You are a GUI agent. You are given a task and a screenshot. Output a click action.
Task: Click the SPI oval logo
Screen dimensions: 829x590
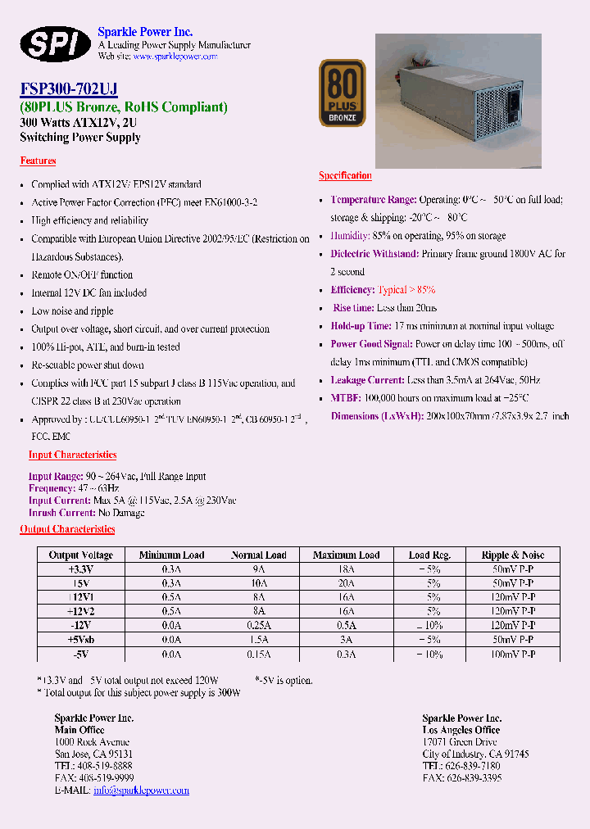(55, 43)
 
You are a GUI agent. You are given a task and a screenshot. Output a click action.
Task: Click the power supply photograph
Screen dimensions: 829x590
(458, 100)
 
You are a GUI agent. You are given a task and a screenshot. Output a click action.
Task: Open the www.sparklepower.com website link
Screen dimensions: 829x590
(175, 57)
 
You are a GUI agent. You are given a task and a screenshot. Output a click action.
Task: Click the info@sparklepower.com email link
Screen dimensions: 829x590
(141, 790)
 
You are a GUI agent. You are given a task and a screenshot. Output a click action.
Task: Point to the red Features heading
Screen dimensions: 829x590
(38, 161)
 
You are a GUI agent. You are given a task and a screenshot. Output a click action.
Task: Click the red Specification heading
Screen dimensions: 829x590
(345, 175)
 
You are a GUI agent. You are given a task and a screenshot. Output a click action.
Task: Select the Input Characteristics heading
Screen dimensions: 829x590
(72, 455)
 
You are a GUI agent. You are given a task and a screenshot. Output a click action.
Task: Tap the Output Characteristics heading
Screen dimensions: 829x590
(67, 529)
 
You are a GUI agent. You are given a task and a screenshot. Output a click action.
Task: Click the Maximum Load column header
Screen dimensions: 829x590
(346, 555)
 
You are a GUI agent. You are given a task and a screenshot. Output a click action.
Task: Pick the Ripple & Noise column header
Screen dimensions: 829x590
(514, 555)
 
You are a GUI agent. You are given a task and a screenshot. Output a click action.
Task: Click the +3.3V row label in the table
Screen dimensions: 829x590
(81, 569)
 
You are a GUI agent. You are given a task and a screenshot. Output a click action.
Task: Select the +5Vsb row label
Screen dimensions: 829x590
(81, 640)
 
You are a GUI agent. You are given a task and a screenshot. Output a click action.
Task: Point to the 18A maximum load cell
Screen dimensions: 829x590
(346, 569)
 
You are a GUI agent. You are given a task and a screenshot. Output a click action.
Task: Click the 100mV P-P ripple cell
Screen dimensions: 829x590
(514, 655)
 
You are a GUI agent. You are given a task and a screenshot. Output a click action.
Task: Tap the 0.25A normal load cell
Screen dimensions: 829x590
(258, 626)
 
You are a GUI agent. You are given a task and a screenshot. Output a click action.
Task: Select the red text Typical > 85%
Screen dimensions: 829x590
(406, 290)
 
